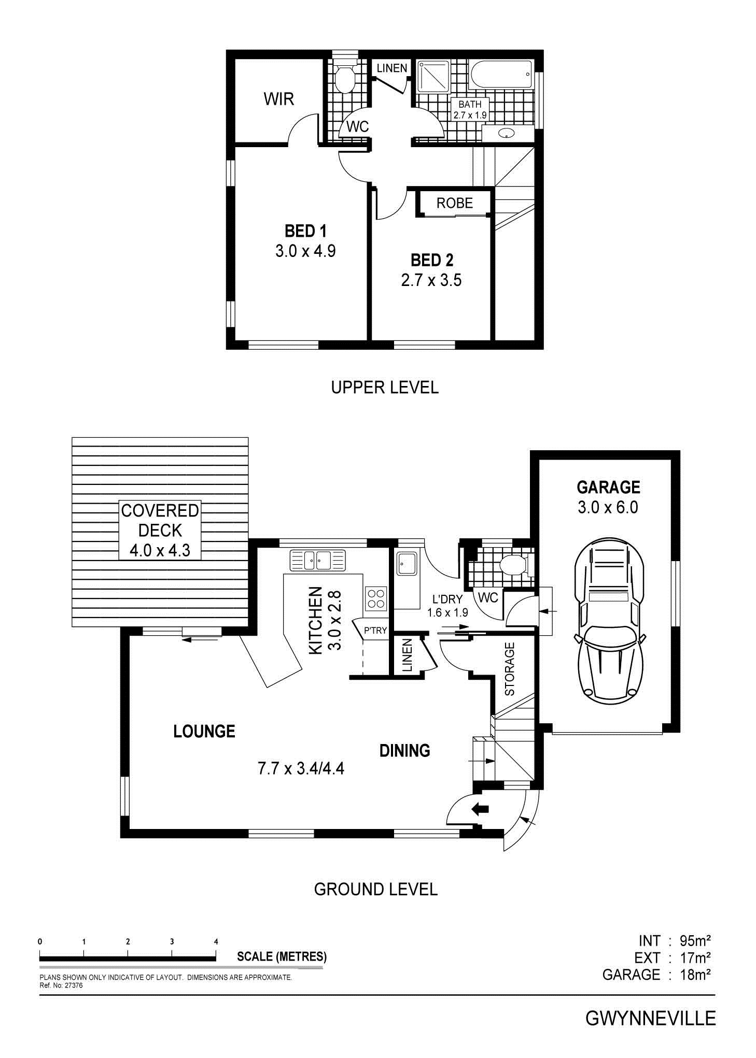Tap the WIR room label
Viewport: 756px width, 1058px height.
click(x=279, y=99)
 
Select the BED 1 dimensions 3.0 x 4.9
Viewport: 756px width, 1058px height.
click(x=305, y=251)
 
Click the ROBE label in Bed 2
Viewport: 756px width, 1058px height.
click(x=455, y=203)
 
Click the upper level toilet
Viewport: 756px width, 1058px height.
click(x=344, y=77)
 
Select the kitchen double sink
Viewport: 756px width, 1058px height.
click(x=317, y=560)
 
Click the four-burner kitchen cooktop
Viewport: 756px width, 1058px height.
click(x=376, y=598)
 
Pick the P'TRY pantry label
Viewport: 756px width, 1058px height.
click(x=375, y=631)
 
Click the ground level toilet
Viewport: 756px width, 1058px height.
click(x=514, y=565)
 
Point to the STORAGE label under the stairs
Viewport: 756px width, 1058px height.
click(x=510, y=669)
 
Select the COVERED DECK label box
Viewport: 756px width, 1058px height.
click(x=160, y=530)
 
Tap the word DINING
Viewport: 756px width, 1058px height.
click(x=405, y=750)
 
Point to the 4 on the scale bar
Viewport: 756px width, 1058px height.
click(x=216, y=941)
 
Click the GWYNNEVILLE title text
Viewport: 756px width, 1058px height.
click(x=651, y=1019)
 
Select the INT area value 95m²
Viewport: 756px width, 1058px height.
click(x=695, y=940)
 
